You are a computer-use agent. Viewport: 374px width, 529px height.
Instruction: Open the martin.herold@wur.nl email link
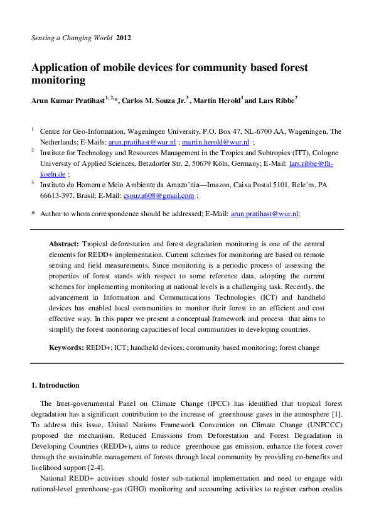215,143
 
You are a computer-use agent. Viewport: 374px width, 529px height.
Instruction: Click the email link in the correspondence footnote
264,214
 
